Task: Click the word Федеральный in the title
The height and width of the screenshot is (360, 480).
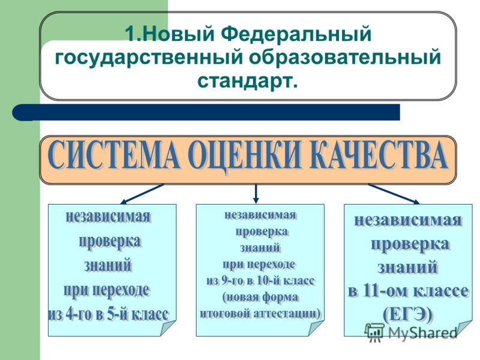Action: [x=296, y=34]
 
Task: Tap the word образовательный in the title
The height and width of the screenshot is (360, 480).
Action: [x=345, y=57]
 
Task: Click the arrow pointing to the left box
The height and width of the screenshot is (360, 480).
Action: [x=142, y=194]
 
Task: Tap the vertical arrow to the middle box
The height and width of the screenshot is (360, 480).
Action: [x=256, y=194]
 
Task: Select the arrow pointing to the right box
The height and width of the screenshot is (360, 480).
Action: [x=394, y=194]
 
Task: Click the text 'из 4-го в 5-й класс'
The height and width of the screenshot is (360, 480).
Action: [x=109, y=314]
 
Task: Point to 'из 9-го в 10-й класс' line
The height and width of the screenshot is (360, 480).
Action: [x=261, y=281]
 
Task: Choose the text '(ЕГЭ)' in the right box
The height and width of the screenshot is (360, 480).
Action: [x=409, y=314]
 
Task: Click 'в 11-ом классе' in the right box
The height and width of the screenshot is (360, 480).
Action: [x=409, y=290]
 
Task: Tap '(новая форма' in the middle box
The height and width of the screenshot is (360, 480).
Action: [x=261, y=297]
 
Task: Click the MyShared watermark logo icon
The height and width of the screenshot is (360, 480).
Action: [x=374, y=332]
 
